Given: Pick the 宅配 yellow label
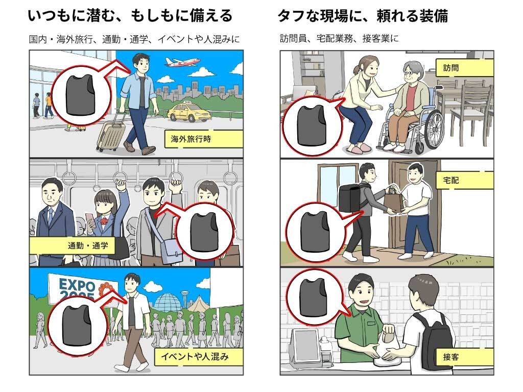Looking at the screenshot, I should coord(465,179).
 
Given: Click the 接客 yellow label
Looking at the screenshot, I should coord(465,357).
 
